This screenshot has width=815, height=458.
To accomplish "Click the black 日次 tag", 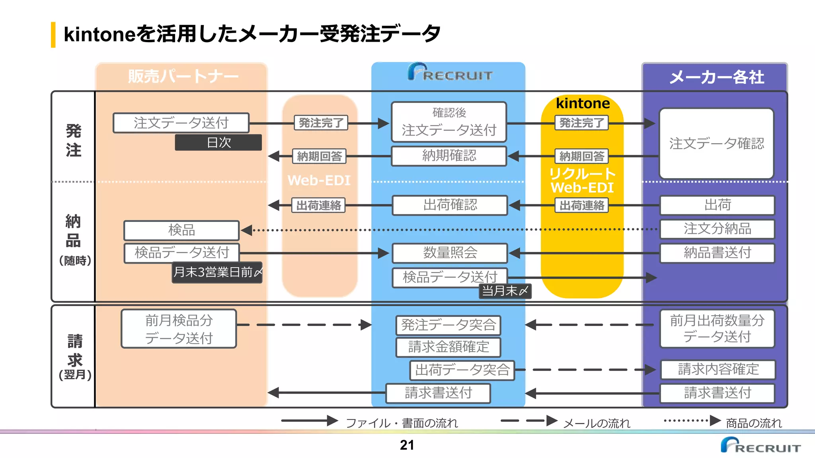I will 218,142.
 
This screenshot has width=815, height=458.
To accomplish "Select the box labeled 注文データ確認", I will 716,144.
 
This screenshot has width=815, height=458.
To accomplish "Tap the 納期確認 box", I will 449,156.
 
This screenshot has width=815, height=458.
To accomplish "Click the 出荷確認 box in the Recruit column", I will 450,205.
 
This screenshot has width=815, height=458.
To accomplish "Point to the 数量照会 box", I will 450,253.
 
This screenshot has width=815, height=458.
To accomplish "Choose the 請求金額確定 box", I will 448,347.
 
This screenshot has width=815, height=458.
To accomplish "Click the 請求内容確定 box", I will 718,369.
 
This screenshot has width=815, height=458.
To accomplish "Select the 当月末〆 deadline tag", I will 505,291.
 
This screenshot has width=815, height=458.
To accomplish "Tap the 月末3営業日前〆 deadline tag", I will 217,272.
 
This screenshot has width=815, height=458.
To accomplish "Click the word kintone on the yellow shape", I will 583,103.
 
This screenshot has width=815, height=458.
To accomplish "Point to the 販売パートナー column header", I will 183,76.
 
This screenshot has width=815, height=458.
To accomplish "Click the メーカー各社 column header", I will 716,77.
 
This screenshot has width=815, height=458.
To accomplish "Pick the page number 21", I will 407,445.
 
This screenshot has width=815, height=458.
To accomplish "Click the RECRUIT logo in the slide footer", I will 760,446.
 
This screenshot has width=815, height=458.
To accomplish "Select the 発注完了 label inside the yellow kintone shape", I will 582,123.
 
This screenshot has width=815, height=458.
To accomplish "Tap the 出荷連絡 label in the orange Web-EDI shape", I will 318,206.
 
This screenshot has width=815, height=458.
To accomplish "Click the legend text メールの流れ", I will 597,423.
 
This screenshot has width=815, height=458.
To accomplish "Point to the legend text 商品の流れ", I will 754,423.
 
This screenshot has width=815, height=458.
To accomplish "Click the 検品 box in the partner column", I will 181,230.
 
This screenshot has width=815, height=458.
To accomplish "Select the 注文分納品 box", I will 717,229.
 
